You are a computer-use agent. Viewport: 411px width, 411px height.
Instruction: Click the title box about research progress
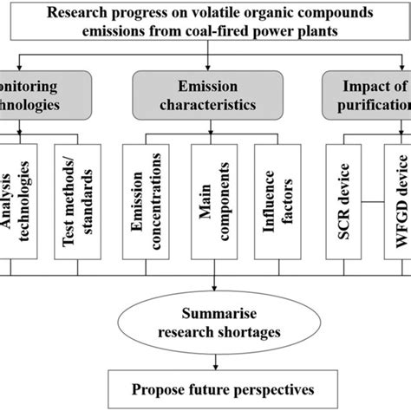205,23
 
